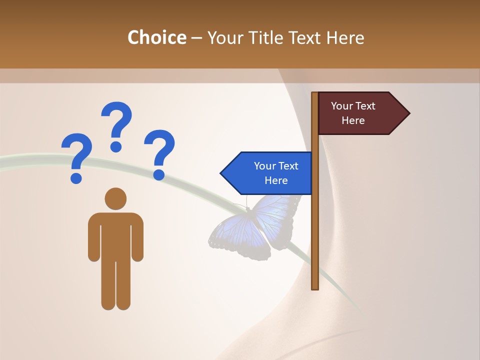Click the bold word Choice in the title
[156, 37]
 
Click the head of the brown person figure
[115, 198]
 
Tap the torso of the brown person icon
[115, 235]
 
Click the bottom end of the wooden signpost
[315, 287]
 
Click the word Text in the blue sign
[287, 166]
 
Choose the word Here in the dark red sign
[353, 120]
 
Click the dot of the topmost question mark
[116, 147]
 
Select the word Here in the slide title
[345, 37]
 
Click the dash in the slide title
[196, 38]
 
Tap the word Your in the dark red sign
[342, 106]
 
